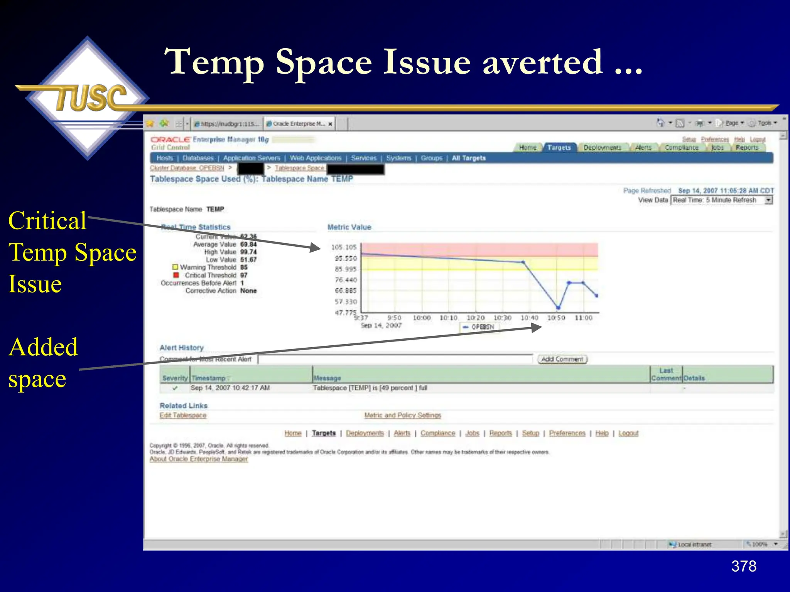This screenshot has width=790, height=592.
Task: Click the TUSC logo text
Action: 91,98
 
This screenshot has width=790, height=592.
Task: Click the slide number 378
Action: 743,566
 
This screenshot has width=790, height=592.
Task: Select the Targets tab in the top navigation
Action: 559,148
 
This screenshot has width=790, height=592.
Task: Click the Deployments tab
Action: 602,148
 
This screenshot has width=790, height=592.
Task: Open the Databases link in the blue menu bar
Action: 198,158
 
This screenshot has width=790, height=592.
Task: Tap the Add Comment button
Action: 562,359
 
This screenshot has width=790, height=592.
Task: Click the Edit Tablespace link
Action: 183,415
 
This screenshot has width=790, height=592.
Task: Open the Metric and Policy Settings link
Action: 402,415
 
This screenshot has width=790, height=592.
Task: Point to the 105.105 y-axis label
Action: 344,247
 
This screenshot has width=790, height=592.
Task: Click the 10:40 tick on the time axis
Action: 529,318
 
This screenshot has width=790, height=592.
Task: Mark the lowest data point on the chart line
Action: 558,308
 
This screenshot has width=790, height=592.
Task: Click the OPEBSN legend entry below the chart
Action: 479,327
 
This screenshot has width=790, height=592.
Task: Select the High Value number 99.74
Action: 248,252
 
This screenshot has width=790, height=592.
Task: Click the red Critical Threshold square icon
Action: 176,275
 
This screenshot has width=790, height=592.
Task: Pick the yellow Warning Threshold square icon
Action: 175,267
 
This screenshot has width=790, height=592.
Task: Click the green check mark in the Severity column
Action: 175,388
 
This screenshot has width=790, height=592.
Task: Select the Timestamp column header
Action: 209,378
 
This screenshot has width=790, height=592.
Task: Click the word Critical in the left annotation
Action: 47,221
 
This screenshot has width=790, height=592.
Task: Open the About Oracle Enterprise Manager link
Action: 199,459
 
